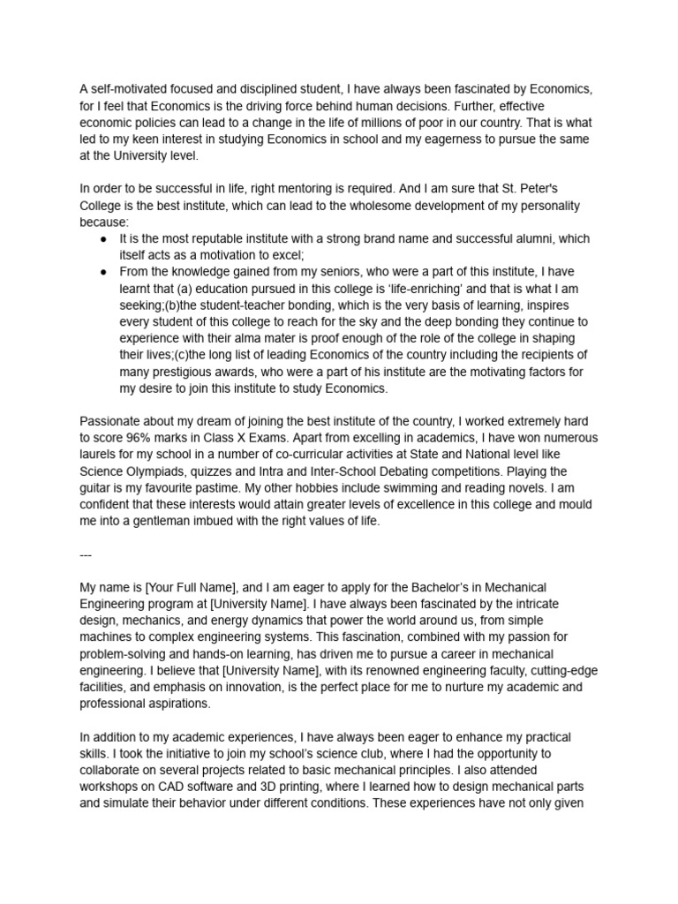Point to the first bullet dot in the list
pyautogui.click(x=105, y=239)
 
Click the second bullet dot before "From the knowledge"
pyautogui.click(x=105, y=272)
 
